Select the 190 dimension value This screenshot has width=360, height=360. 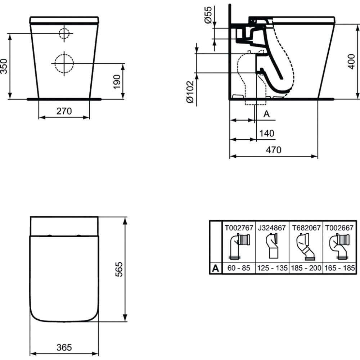117,82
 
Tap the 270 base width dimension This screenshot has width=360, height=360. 64,111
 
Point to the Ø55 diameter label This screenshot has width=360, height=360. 208,15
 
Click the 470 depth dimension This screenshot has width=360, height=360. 274,150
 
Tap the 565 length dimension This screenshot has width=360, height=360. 119,269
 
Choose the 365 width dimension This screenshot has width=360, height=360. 64,347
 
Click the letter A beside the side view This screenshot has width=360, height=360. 266,114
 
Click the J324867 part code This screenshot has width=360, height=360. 272,228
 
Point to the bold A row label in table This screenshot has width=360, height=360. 215,268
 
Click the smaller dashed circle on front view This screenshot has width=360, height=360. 64,33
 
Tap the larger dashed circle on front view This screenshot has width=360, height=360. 64,63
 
